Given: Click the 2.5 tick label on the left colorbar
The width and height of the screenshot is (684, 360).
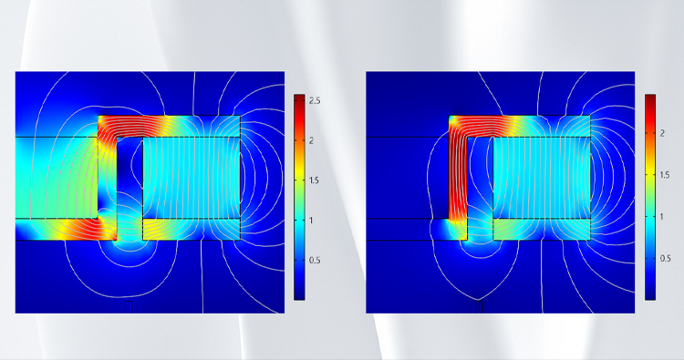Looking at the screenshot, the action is (x=315, y=100).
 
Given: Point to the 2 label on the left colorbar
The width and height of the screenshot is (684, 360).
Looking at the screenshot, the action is (x=312, y=140).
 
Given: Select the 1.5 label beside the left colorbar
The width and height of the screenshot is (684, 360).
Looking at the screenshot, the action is (x=314, y=180).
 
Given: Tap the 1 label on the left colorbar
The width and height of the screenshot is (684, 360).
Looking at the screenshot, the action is (x=311, y=220).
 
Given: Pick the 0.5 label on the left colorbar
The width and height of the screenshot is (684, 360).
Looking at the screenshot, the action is (x=315, y=260).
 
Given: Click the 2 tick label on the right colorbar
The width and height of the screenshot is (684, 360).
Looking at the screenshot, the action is (x=662, y=133).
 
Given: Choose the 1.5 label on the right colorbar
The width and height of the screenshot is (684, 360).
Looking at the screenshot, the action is (x=665, y=175).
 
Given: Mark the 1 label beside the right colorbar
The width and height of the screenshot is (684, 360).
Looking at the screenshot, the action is (x=662, y=217).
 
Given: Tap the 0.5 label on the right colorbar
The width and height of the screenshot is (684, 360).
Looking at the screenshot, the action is (x=665, y=259).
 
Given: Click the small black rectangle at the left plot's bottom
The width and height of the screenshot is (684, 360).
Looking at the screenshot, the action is (x=129, y=307).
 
